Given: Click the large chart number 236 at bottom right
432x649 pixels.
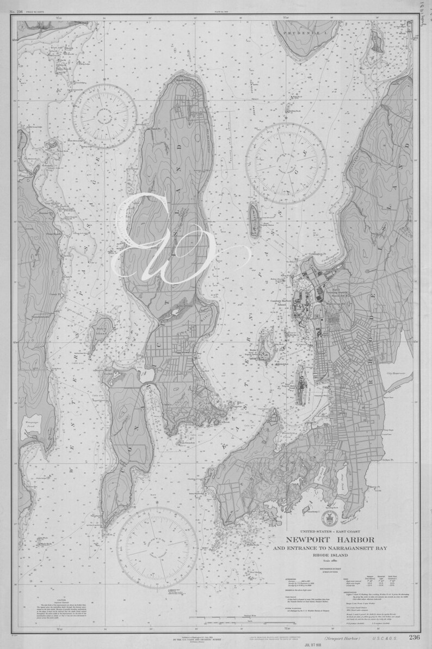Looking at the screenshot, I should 414,638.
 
